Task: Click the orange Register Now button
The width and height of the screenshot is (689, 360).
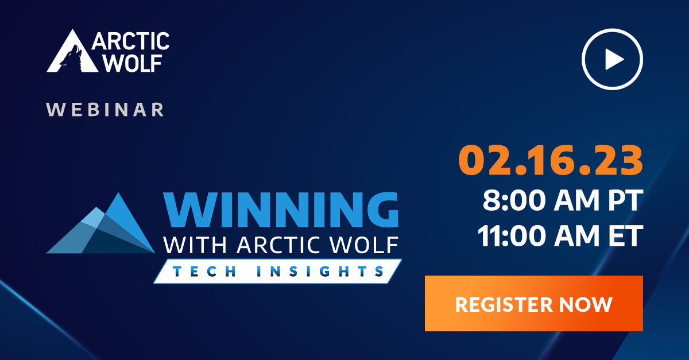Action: click(533, 303)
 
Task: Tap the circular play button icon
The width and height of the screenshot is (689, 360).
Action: click(612, 59)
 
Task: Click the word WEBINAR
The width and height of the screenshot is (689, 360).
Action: click(105, 109)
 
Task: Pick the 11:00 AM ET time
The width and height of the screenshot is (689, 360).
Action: click(560, 237)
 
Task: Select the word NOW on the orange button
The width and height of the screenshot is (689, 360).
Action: click(587, 304)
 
